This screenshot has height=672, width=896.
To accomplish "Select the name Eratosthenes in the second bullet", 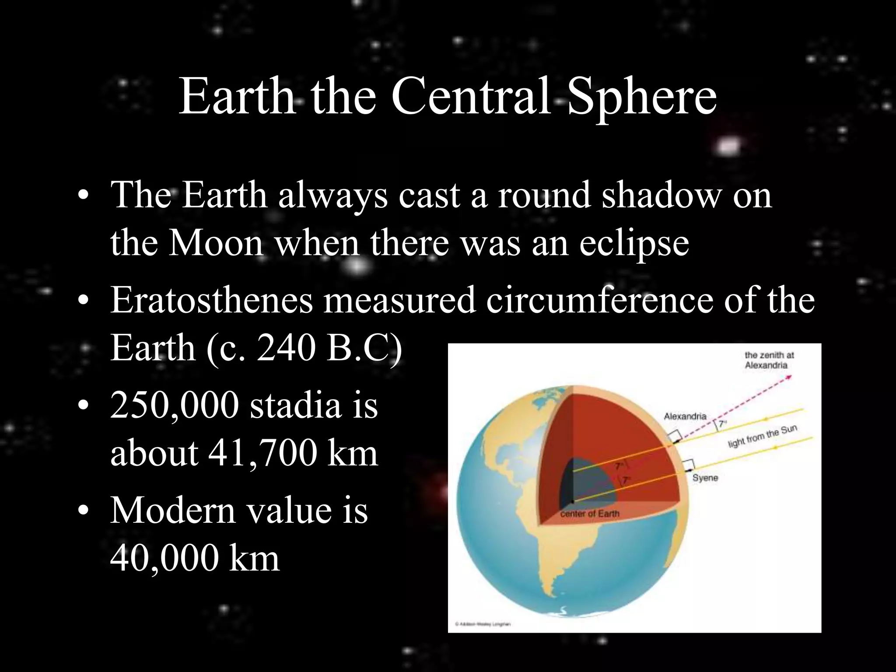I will coord(212,301).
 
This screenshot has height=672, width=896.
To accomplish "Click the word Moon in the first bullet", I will coord(216,243).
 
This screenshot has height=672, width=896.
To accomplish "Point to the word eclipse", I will coord(634,244).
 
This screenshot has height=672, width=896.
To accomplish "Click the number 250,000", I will coord(175,406).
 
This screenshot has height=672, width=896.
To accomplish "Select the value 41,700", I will coord(262,453).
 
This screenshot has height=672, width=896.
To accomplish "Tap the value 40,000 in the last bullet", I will coord(164,559).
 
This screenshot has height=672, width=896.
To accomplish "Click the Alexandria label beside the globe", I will coord(685,416).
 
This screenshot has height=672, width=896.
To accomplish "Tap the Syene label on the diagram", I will coord(705,478).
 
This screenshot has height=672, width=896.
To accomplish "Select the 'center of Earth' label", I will coord(590,514).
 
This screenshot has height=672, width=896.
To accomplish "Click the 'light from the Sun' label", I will coord(762,437).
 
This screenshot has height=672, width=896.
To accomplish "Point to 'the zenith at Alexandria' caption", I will coord(769,360).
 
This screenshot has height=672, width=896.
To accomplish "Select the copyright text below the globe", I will coord(483,624).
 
